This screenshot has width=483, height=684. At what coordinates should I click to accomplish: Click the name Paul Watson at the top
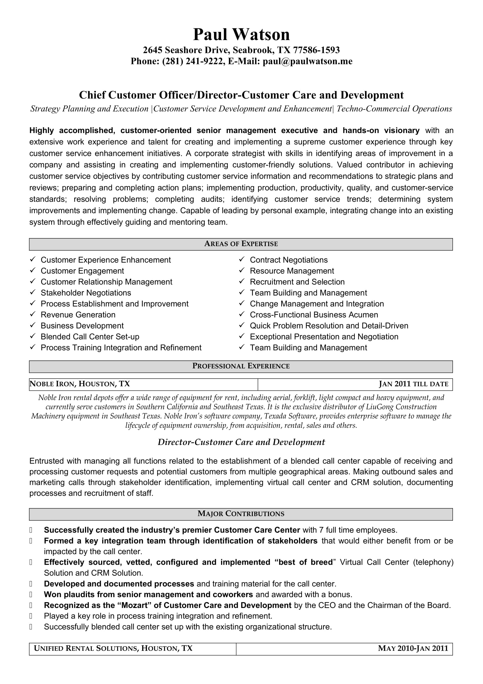pos(241,35)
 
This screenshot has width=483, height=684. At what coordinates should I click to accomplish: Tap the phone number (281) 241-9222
pos(192,61)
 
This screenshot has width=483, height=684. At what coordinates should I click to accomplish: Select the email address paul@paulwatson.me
pos(307,61)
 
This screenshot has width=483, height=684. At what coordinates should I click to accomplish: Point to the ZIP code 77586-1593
pos(316,50)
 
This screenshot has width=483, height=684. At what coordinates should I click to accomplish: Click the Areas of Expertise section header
pos(241,244)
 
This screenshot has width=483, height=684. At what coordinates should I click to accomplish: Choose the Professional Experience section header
pos(241,366)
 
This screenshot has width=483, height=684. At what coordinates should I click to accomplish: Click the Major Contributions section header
pos(241,514)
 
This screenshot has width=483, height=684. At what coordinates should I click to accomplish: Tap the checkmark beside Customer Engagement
pos(33,271)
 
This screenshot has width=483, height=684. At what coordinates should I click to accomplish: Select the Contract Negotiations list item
pos(289,260)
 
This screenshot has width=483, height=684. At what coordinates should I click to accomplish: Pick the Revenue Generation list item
pos(78,315)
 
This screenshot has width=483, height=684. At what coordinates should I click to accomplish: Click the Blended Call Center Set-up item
pos(90,337)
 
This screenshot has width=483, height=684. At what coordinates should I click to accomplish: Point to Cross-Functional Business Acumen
pos(314,315)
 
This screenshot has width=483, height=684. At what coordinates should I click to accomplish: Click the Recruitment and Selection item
pos(297,282)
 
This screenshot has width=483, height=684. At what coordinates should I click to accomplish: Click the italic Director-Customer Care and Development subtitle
pos(241,442)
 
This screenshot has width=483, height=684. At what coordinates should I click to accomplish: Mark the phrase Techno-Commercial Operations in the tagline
pos(394,109)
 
